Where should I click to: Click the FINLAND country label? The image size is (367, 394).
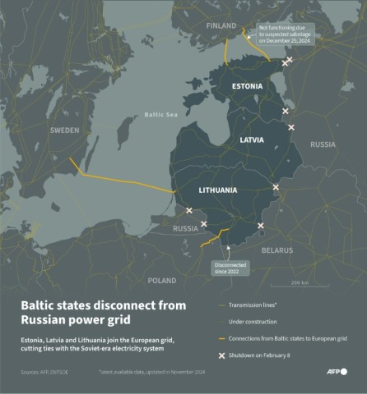(x=221, y=25)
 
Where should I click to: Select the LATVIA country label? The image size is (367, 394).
(x=251, y=140)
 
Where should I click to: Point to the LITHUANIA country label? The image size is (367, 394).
(x=218, y=190)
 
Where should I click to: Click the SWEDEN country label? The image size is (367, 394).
(x=64, y=131)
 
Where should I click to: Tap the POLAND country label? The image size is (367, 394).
(x=162, y=280)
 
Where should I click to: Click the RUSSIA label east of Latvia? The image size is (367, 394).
(x=323, y=144)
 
